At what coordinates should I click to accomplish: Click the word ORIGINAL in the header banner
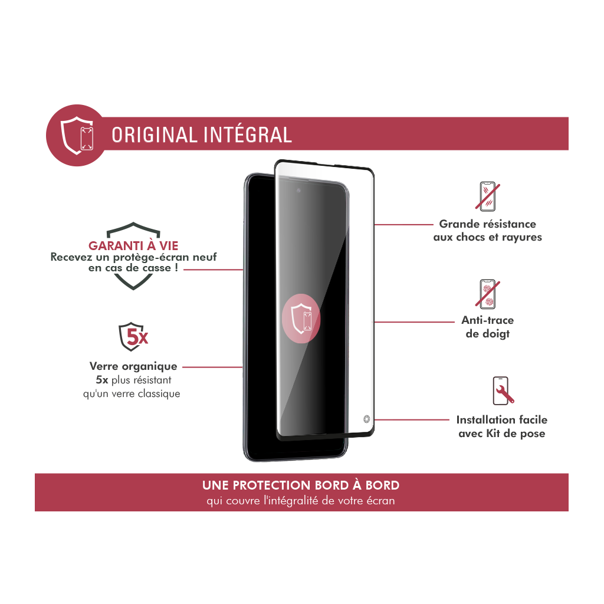pos(155,135)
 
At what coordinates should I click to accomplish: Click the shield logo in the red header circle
pos(77,135)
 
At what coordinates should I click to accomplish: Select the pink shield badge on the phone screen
pos(301,319)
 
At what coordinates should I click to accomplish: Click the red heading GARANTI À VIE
pos(133,246)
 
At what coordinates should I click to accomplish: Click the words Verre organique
pos(133,366)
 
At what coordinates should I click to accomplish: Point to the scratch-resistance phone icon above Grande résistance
pos(487,196)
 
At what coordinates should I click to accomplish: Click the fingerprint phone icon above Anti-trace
pos(487,294)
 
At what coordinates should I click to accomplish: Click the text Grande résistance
pos(487,224)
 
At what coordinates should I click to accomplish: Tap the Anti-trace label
pos(487,320)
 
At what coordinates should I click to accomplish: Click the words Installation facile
pos(501,420)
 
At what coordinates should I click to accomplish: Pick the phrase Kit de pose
pos(516,434)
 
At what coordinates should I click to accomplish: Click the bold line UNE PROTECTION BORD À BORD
pos(301,485)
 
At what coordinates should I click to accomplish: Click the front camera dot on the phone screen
pos(298,191)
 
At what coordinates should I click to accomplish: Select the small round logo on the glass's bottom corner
pos(366,419)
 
